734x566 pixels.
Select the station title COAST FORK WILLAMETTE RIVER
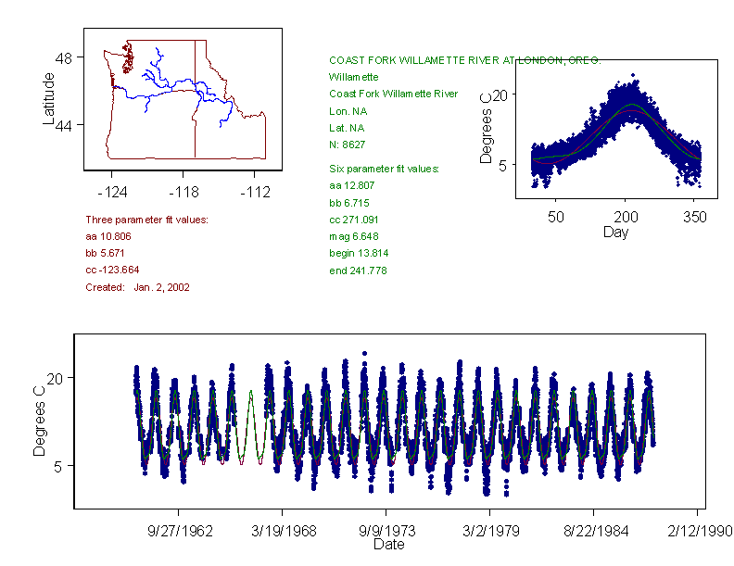(464, 60)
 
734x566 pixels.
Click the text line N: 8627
(348, 145)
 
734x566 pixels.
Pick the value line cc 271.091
(356, 220)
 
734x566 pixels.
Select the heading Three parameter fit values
(146, 220)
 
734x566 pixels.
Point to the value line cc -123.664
(112, 270)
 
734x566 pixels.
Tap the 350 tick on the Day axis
(695, 218)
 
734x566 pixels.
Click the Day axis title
(615, 233)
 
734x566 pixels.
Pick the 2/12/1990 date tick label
(697, 532)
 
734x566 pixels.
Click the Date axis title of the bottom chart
(389, 546)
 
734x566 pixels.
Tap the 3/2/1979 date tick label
(490, 532)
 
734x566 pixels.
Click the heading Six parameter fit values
(385, 169)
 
